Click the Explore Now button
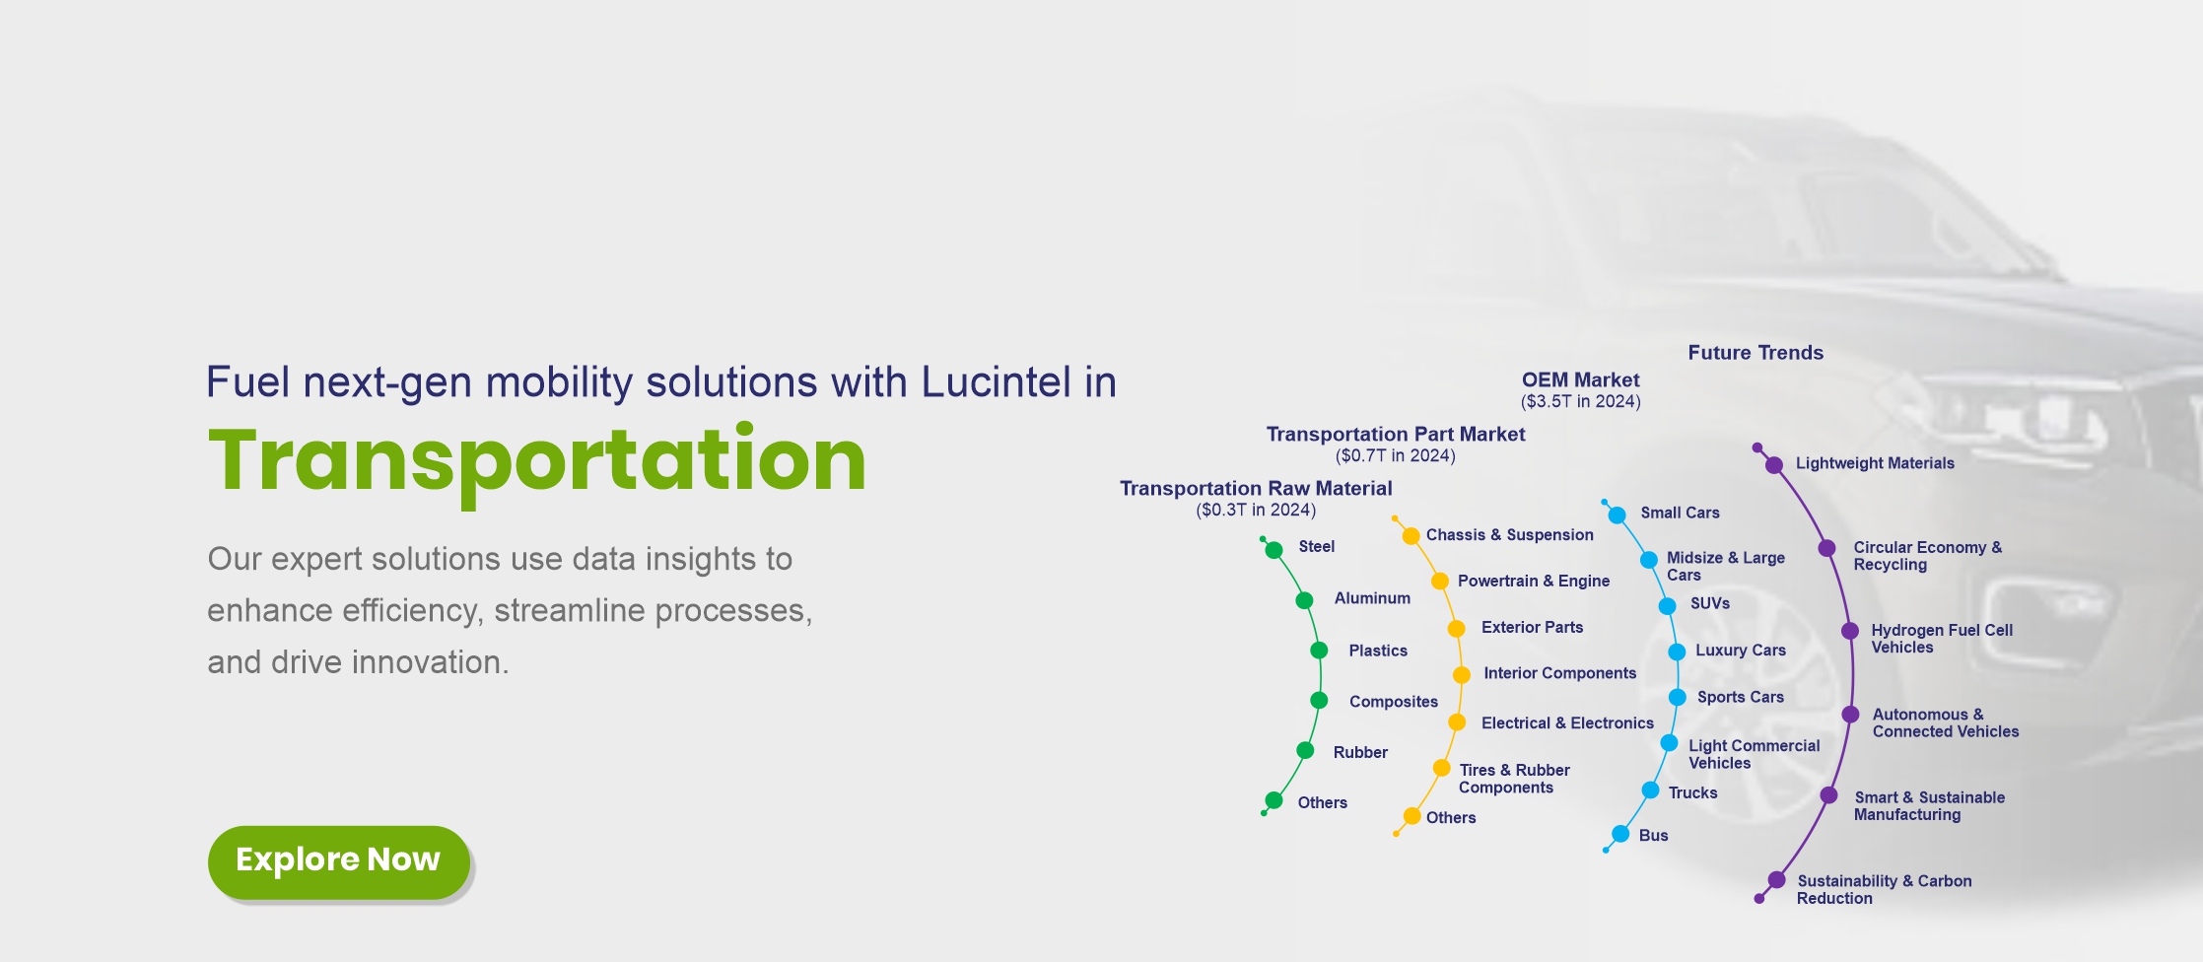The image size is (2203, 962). [x=338, y=861]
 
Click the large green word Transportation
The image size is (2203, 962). [x=537, y=460]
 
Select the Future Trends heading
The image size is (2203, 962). [x=1756, y=353]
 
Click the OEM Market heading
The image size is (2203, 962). [x=1580, y=379]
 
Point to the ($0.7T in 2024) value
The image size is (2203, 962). [x=1395, y=455]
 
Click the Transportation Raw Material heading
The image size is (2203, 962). [x=1256, y=488]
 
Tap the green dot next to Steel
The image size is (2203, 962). [x=1274, y=550]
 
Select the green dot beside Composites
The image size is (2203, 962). [x=1319, y=701]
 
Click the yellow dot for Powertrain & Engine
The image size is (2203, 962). [x=1439, y=581]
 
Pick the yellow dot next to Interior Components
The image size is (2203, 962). [x=1462, y=674]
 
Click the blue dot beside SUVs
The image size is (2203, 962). [x=1667, y=606]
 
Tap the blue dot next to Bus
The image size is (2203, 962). [x=1620, y=835]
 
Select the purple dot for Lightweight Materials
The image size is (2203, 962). [x=1773, y=465]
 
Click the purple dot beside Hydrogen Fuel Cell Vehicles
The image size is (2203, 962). [x=1850, y=631]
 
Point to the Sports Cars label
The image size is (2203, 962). [x=1741, y=697]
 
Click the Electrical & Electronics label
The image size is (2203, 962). [x=1567, y=722]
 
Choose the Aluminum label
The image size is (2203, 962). [x=1372, y=598]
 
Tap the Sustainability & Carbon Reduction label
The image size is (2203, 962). [x=1884, y=889]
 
